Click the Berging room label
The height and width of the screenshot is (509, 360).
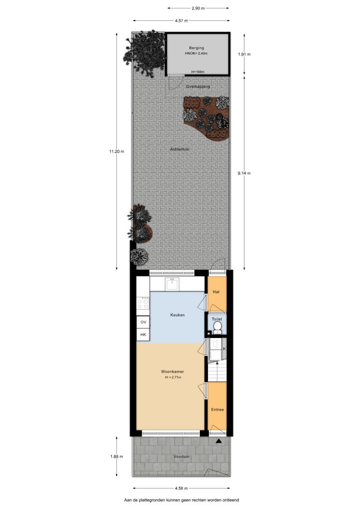click(196, 48)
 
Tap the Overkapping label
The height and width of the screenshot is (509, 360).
click(198, 86)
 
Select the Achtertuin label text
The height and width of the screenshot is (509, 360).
click(180, 149)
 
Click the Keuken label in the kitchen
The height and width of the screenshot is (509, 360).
click(178, 315)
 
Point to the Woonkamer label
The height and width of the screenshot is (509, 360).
click(173, 372)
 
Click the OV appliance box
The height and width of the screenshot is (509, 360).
click(143, 322)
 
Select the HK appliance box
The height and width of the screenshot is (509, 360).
click(143, 335)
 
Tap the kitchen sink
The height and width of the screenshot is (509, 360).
click(172, 284)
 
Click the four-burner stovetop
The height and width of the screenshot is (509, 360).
click(143, 304)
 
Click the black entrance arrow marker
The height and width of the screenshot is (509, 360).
click(219, 441)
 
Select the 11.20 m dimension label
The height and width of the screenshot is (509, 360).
click(116, 151)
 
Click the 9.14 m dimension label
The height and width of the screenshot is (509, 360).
click(244, 173)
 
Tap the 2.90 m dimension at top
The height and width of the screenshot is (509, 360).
click(198, 8)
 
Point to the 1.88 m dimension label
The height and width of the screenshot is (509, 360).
click(116, 457)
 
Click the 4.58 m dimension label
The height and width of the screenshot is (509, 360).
click(181, 488)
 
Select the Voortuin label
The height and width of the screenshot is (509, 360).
click(181, 457)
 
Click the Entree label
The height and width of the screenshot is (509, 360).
click(217, 410)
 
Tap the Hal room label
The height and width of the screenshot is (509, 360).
click(216, 292)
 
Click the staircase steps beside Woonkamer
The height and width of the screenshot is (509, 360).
click(217, 372)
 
